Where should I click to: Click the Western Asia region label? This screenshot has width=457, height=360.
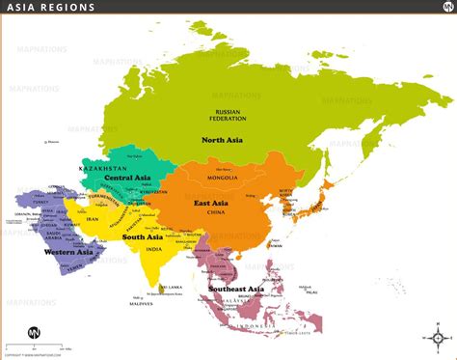click(63, 255)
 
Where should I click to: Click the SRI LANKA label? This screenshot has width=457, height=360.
click(174, 287)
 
